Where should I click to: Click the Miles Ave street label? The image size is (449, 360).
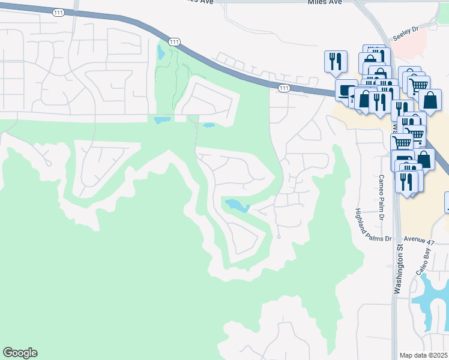324,2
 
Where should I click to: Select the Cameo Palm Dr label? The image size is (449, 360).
381,188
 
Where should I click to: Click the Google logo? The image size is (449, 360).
20,353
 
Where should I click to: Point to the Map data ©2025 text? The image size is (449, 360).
424,355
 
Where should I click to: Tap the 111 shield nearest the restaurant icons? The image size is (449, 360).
284,88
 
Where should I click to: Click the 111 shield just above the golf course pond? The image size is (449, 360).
174,41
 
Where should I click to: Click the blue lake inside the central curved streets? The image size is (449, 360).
237,206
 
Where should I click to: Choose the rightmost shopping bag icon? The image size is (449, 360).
430,100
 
